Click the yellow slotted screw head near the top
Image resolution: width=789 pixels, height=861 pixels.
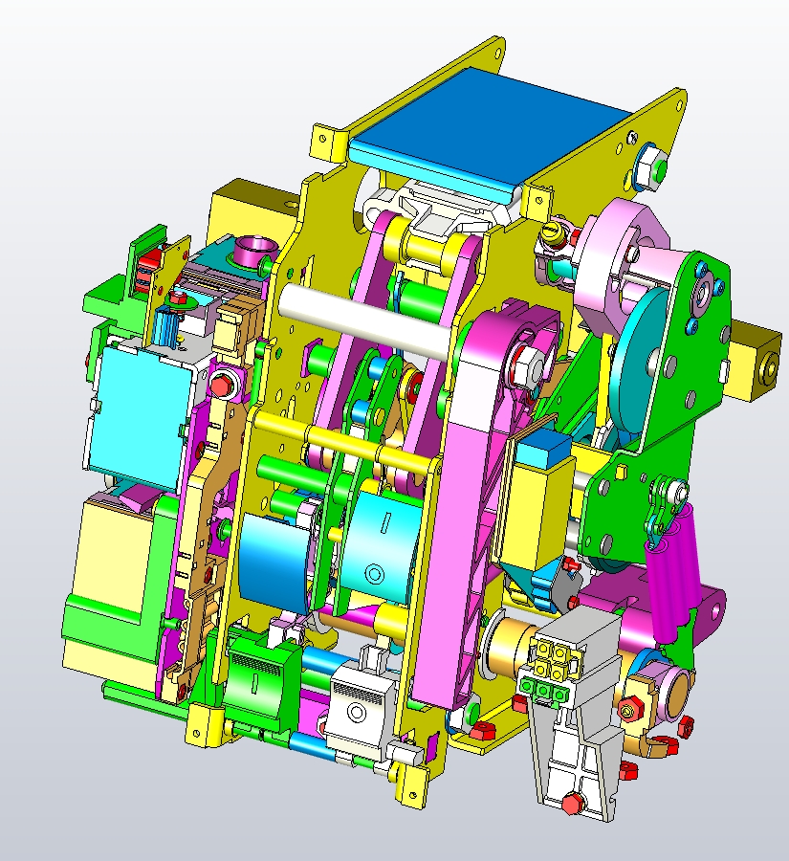point(552,232)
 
